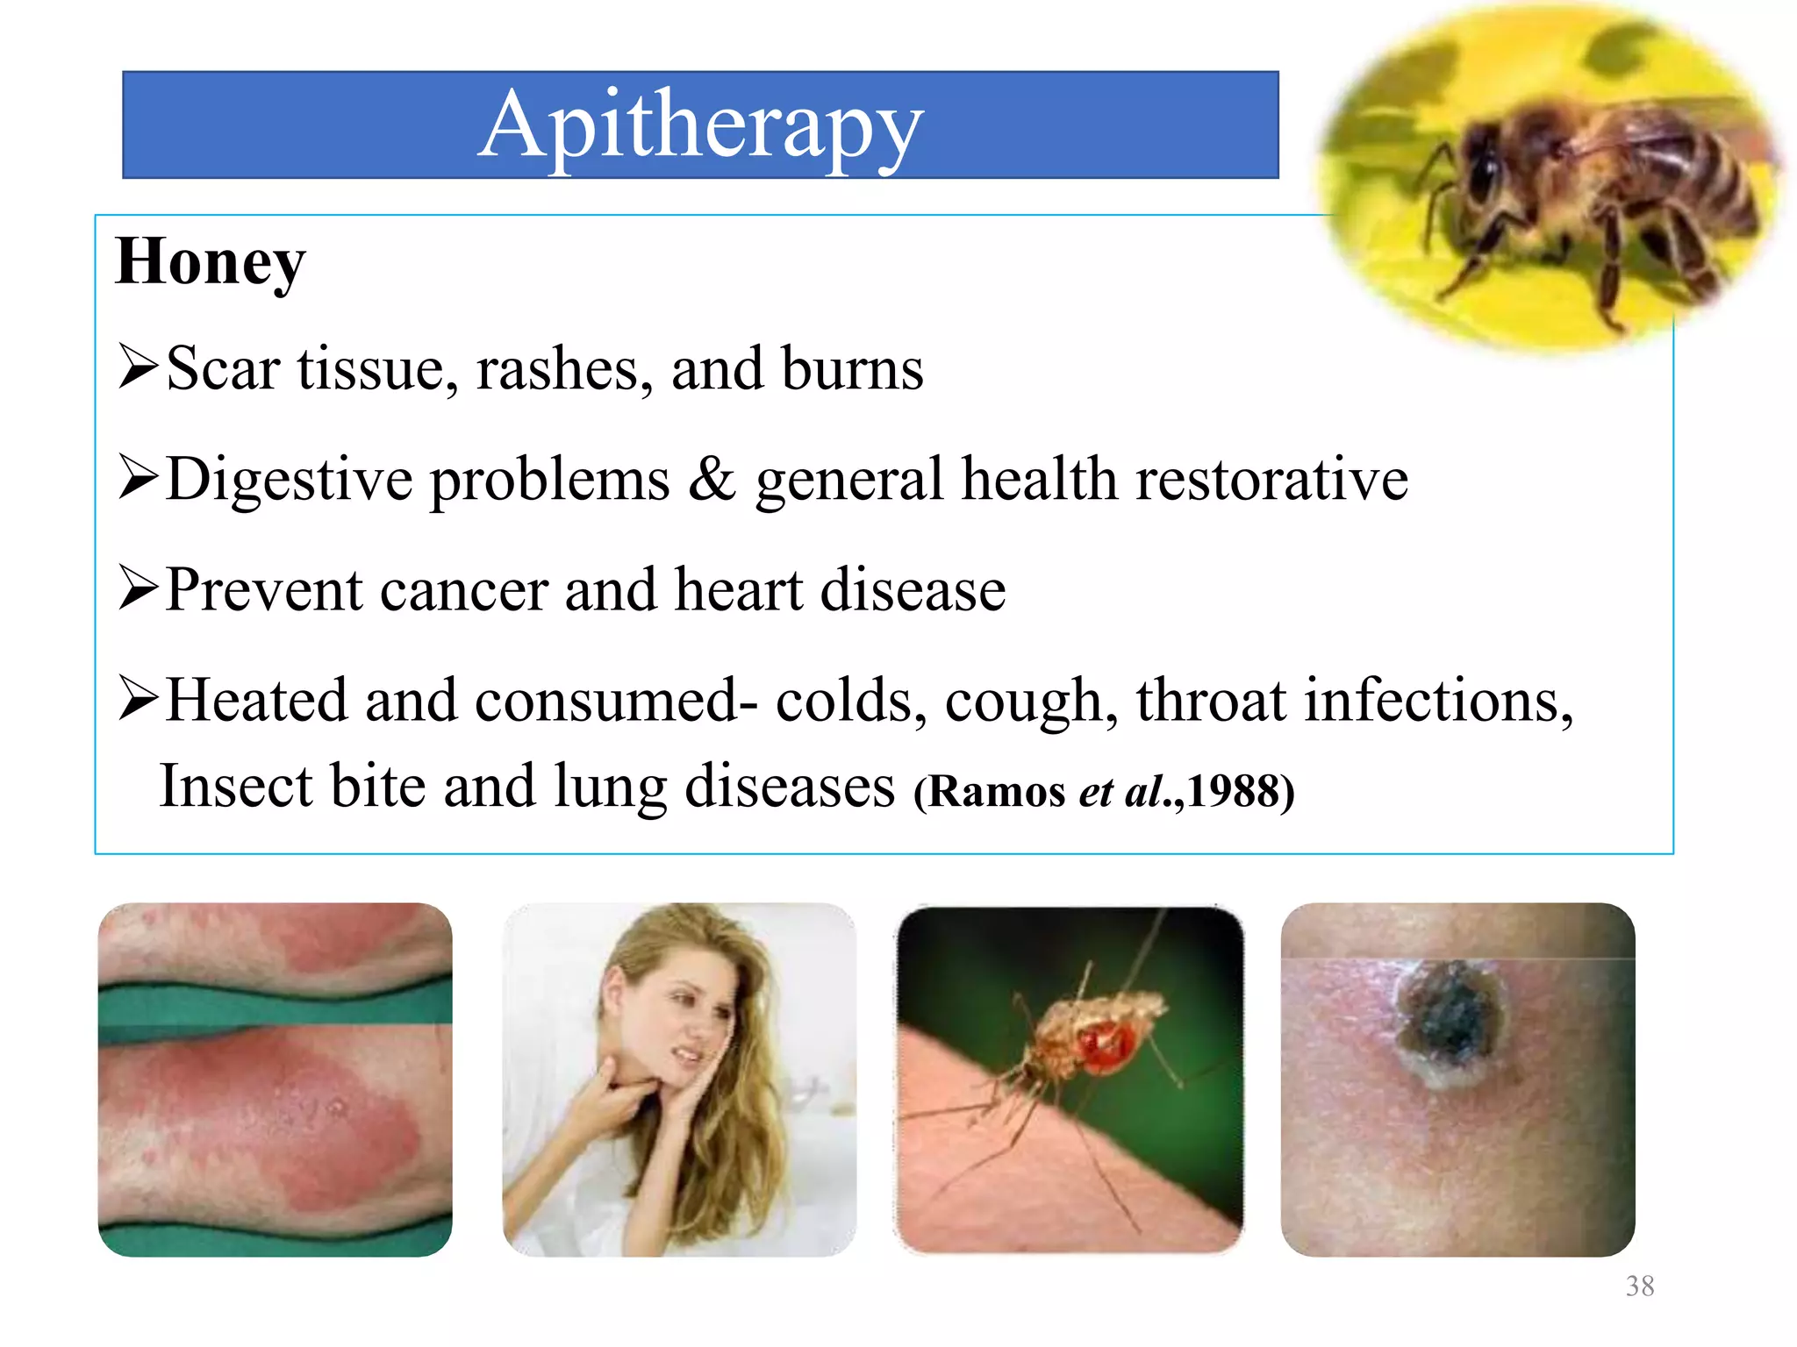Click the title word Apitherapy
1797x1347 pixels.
[x=700, y=126]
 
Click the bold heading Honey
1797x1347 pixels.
[x=211, y=261]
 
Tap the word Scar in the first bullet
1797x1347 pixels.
[x=223, y=368]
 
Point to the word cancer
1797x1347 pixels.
[x=464, y=589]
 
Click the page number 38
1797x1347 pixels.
[x=1639, y=1286]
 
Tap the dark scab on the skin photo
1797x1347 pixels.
[x=1448, y=1017]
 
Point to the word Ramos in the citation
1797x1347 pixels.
[x=997, y=792]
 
